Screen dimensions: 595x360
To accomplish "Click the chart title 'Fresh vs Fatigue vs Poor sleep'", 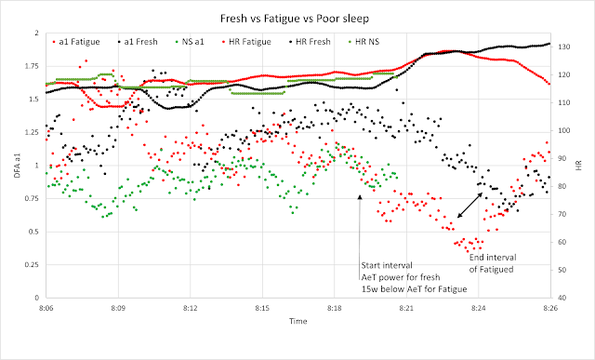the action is (295, 19).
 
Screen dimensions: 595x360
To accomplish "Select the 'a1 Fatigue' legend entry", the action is (76, 42).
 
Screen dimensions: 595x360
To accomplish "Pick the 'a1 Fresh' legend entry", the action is (137, 42).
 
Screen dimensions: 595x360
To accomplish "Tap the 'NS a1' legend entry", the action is (189, 42).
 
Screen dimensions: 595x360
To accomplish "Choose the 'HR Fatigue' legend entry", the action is (245, 42).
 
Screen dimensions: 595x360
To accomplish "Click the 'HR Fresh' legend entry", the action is (309, 42).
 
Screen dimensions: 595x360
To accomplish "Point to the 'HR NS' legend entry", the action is (364, 42).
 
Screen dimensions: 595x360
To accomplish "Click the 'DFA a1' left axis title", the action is (17, 166).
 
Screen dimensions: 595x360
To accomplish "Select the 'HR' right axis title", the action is (578, 166).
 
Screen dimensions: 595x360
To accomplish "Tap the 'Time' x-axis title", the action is (297, 321).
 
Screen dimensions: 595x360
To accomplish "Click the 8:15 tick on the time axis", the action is (262, 308).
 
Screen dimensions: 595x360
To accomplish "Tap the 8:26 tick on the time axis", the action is (550, 308).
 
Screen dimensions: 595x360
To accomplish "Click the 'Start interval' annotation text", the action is (387, 265).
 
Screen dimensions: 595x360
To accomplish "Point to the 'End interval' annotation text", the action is (493, 258).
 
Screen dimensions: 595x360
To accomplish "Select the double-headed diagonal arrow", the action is (469, 205).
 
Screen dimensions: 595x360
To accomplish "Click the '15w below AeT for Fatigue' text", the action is (414, 289).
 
